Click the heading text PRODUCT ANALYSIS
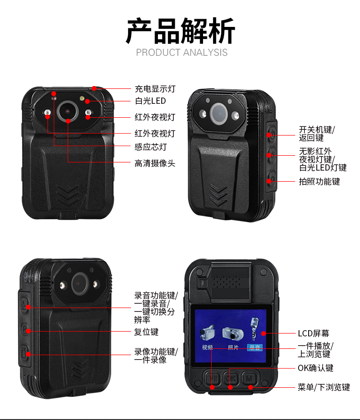tap(181, 52)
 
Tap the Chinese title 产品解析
tap(180, 31)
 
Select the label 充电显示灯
tap(155, 88)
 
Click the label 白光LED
tap(150, 101)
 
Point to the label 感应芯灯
tap(151, 147)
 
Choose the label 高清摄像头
tap(155, 163)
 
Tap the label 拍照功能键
tap(319, 181)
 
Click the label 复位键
tap(146, 332)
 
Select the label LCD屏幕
tap(313, 333)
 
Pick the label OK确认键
tap(316, 368)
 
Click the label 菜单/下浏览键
tap(324, 387)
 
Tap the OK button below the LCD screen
tap(231, 379)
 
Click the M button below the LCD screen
tap(250, 379)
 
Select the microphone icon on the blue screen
tap(254, 329)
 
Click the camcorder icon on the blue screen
tap(207, 333)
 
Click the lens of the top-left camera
tap(67, 111)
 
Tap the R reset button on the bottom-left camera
tap(25, 329)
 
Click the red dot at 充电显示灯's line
tap(94, 88)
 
